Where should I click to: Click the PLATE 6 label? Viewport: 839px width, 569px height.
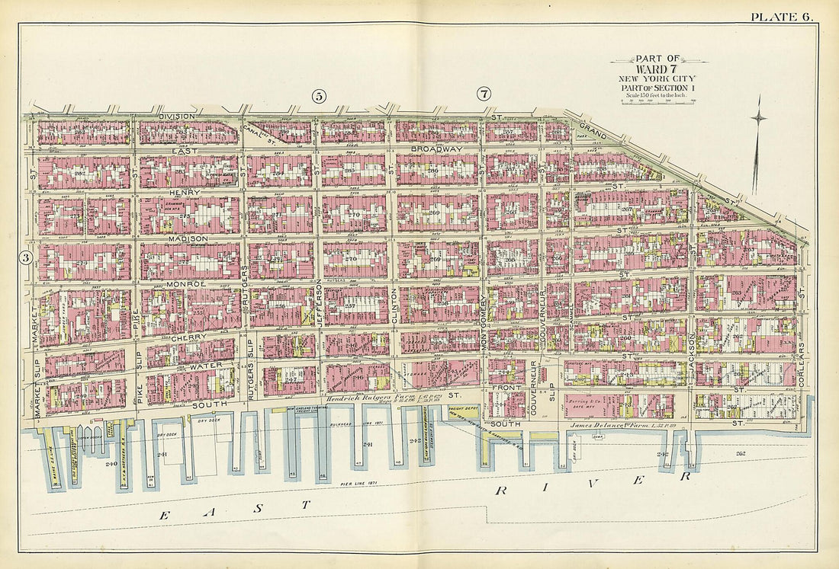[x=782, y=17]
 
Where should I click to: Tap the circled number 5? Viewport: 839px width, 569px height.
[x=319, y=95]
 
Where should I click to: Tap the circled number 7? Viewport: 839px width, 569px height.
[x=484, y=94]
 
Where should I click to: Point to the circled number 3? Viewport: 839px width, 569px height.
[x=26, y=258]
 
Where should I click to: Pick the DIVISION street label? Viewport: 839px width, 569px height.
[x=177, y=117]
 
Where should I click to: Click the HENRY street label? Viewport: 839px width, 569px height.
[x=188, y=193]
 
